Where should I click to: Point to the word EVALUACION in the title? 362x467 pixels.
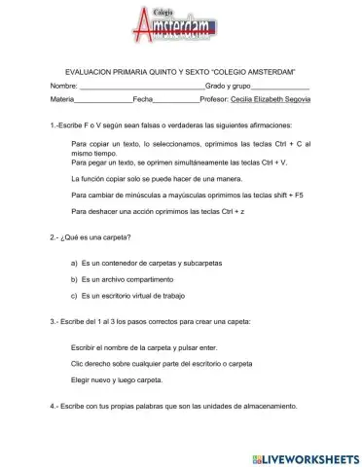click(x=90, y=73)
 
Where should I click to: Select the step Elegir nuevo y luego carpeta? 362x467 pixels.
click(x=117, y=379)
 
